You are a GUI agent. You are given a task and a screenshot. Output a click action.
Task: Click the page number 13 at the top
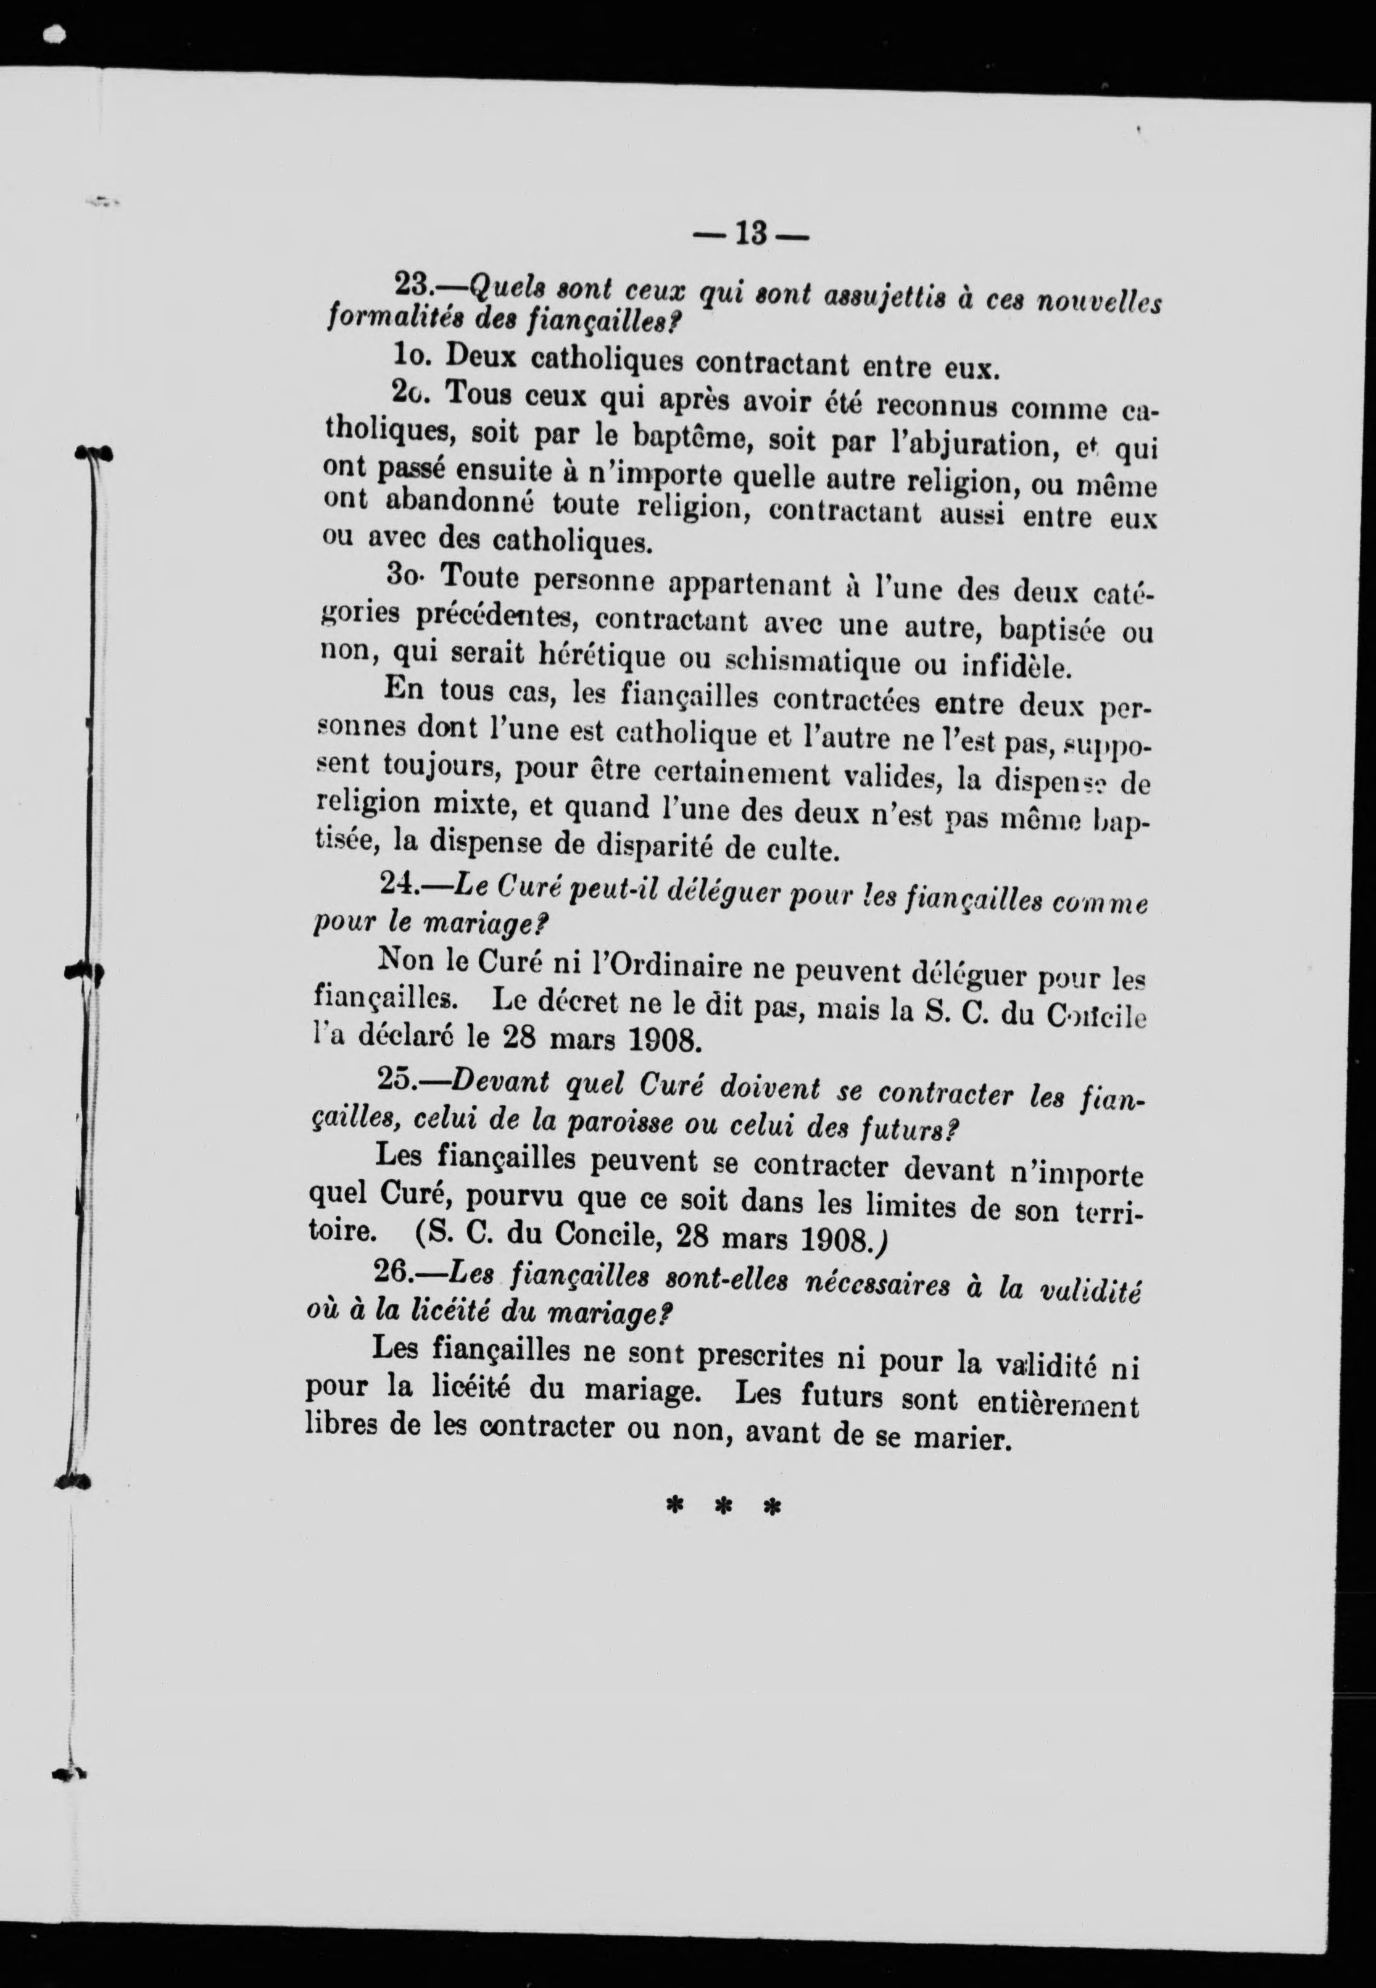pyautogui.click(x=752, y=235)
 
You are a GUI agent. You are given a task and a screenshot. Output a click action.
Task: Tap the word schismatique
pyautogui.click(x=797, y=664)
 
